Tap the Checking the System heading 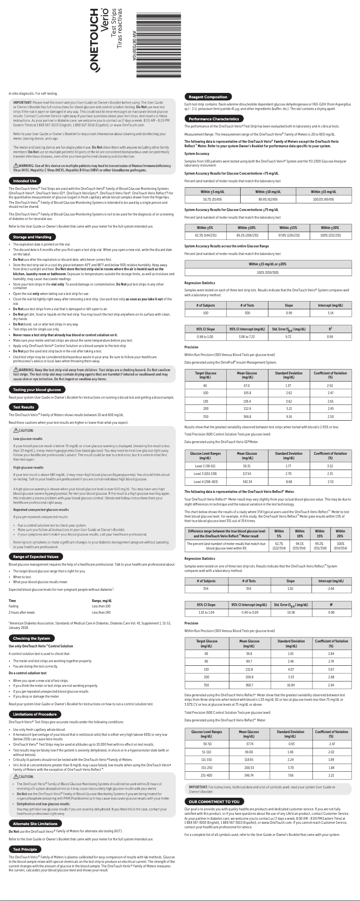point(31,638)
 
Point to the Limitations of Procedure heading point(35,714)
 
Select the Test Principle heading point(25,849)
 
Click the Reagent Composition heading point(208,97)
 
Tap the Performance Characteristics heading point(214,119)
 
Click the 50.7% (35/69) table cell point(212,199)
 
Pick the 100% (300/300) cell point(268,272)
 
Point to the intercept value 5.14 point(330,312)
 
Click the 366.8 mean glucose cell point(247,417)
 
